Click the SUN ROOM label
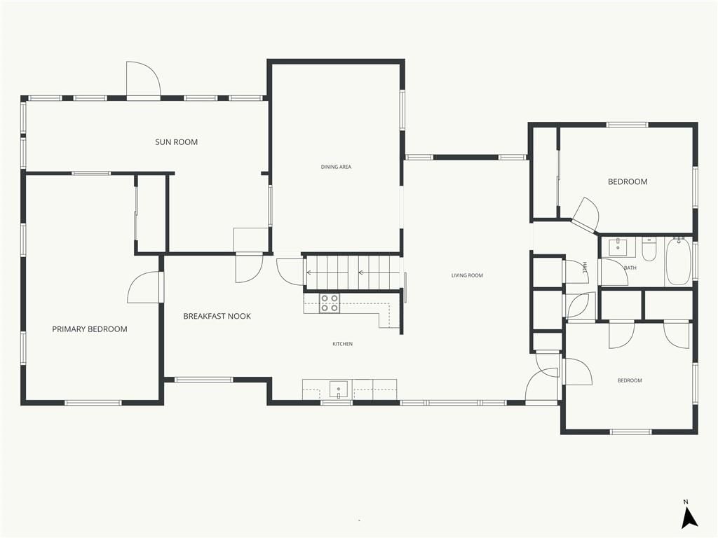point(176,142)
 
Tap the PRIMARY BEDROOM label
point(90,329)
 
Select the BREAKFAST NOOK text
point(217,316)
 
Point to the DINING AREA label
point(336,167)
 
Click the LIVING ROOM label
point(467,275)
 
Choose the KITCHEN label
point(342,344)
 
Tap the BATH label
point(630,268)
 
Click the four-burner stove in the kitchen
point(330,303)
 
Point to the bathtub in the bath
point(679,261)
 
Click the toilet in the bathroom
point(649,249)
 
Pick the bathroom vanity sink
point(618,247)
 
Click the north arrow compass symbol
point(689,516)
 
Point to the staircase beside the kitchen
point(351,273)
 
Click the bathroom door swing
point(611,273)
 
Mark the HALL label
point(584,268)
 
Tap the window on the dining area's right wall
point(402,110)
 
